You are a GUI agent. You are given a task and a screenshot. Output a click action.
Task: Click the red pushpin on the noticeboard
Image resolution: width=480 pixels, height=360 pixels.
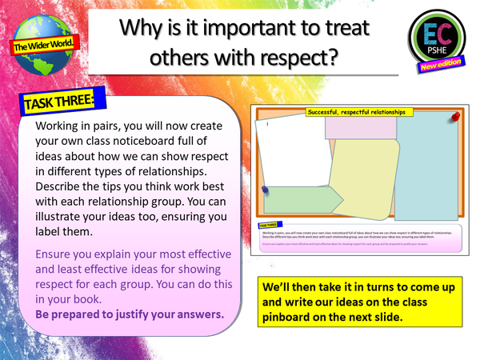[x=458, y=117]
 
